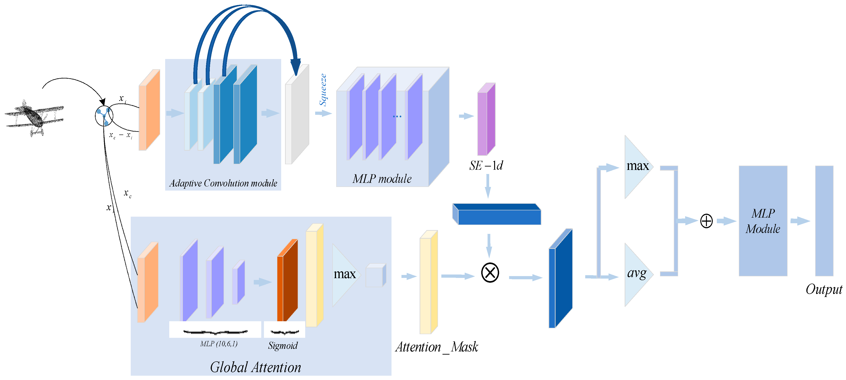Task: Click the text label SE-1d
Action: coord(486,165)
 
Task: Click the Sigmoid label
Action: coord(283,346)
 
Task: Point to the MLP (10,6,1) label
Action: coord(219,344)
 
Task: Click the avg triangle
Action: coord(637,274)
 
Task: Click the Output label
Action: coord(824,289)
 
